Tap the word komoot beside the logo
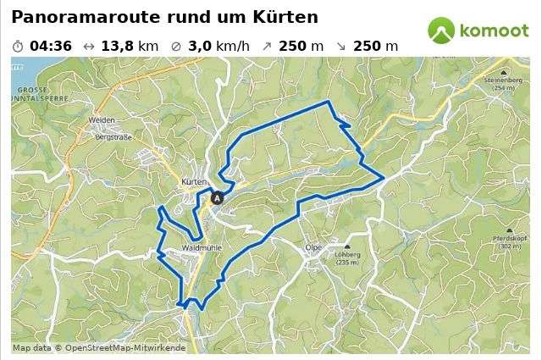tap(494, 31)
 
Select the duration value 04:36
tap(50, 46)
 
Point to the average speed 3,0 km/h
tap(218, 46)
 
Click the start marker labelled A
tap(217, 198)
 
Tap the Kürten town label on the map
tap(195, 182)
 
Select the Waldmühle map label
tap(201, 248)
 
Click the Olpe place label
tap(313, 247)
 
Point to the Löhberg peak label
tap(347, 254)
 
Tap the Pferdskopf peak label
tap(510, 239)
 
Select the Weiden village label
tap(101, 120)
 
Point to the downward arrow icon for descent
tap(340, 46)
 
